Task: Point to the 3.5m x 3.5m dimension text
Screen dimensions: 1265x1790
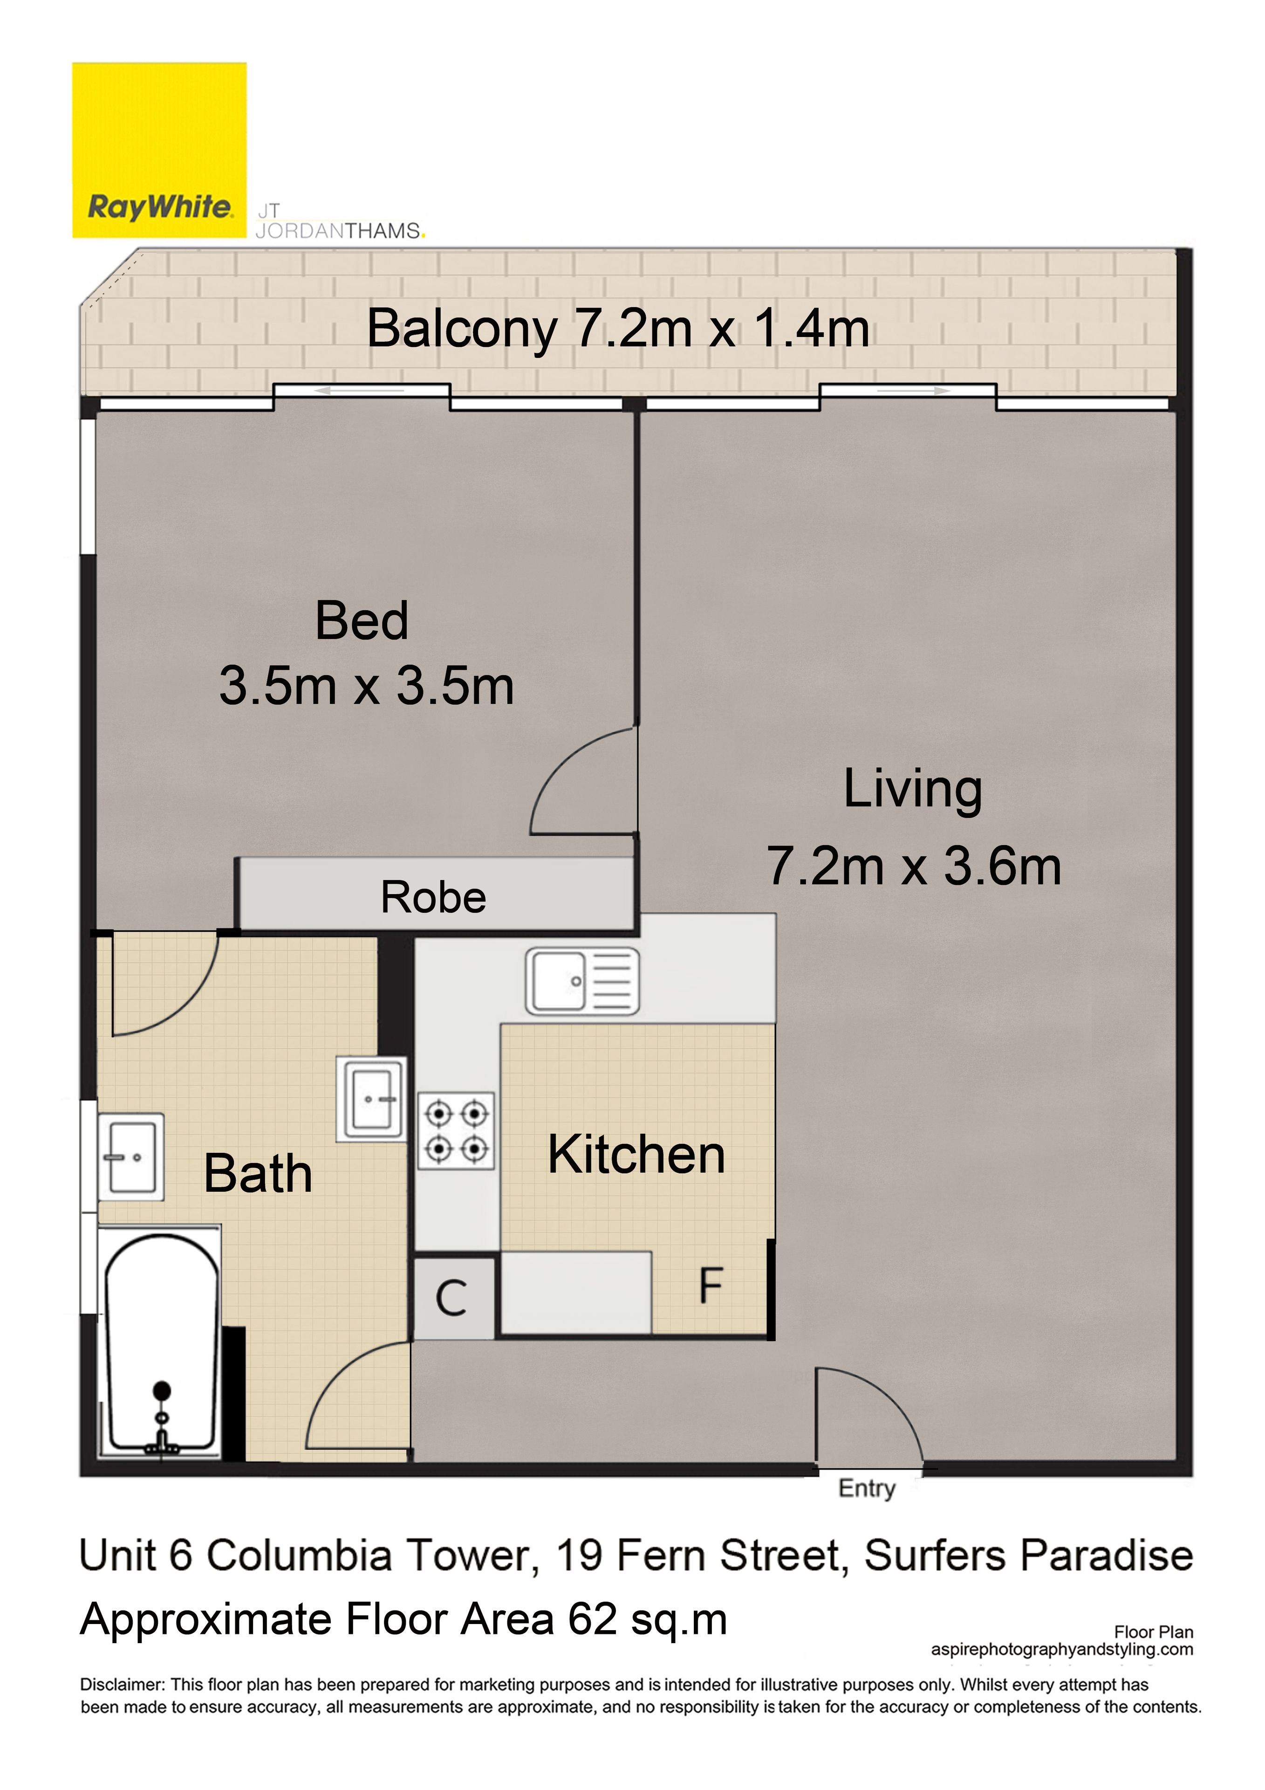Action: (366, 686)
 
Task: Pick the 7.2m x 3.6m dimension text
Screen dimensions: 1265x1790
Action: (914, 866)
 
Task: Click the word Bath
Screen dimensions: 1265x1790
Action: (258, 1174)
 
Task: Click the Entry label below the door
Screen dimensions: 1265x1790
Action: (867, 1488)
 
